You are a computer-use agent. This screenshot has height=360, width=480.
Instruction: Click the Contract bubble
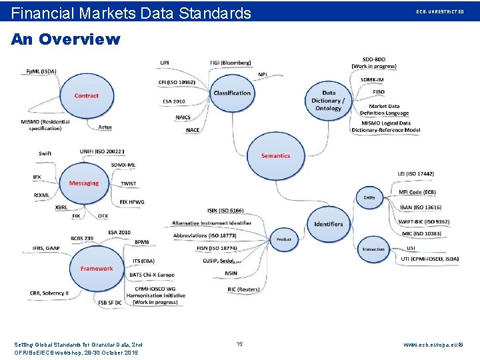pyautogui.click(x=86, y=96)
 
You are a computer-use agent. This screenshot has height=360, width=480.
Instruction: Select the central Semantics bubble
pyautogui.click(x=275, y=155)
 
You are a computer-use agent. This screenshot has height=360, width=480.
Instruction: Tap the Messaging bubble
pyautogui.click(x=84, y=183)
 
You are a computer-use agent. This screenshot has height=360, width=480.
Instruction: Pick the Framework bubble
pyautogui.click(x=97, y=268)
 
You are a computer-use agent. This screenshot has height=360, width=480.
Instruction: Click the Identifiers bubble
pyautogui.click(x=329, y=224)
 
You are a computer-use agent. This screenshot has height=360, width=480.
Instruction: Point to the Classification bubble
pyautogui.click(x=232, y=93)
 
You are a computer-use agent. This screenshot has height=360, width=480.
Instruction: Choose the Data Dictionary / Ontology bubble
pyautogui.click(x=328, y=100)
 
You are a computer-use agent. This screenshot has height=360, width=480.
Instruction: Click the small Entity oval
pyautogui.click(x=369, y=197)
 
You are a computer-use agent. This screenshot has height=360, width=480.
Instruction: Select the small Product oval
pyautogui.click(x=284, y=239)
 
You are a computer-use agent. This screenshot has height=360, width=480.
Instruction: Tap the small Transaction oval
pyautogui.click(x=373, y=249)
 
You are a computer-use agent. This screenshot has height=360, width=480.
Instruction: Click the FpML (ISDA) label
pyautogui.click(x=41, y=71)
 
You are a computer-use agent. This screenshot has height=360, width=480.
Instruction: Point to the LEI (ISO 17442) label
pyautogui.click(x=415, y=174)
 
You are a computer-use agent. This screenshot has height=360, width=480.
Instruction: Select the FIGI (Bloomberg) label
pyautogui.click(x=231, y=63)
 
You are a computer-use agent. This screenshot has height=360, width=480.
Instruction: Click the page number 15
pyautogui.click(x=240, y=344)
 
